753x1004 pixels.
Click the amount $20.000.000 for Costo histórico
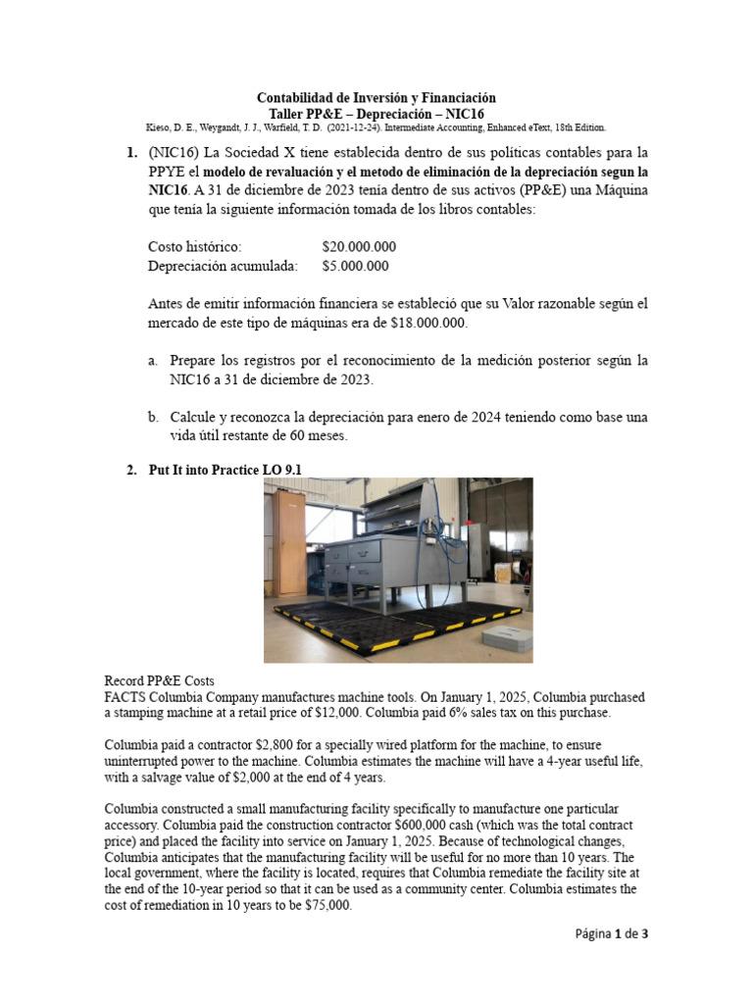tap(358, 247)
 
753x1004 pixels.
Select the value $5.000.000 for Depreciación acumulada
tap(354, 266)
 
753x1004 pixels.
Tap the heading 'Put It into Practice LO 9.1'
tap(224, 470)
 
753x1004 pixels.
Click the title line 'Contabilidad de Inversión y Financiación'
tap(376, 98)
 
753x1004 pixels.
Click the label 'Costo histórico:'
tap(193, 247)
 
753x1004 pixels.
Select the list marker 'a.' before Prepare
tap(154, 361)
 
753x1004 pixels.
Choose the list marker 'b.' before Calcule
tap(154, 418)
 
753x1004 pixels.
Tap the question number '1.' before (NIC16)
tap(131, 154)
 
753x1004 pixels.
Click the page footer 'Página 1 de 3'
tap(611, 933)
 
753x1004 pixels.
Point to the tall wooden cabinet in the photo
tap(289, 544)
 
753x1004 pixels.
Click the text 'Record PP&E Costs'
tap(159, 681)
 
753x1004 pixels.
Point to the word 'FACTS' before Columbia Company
tap(125, 697)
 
